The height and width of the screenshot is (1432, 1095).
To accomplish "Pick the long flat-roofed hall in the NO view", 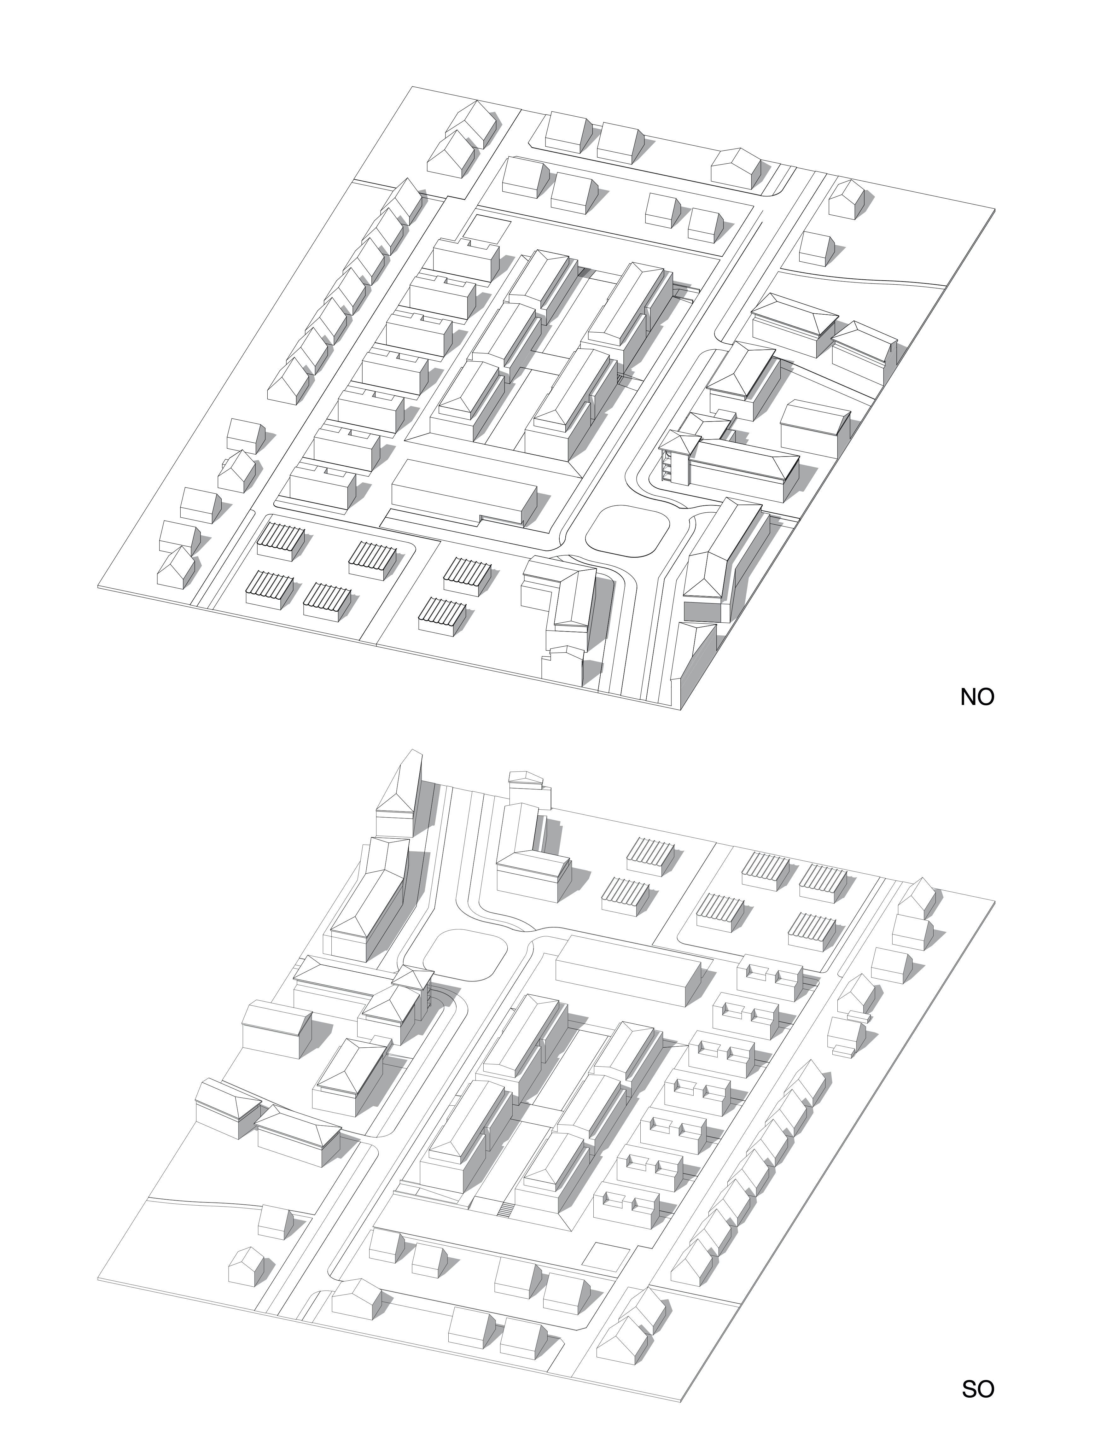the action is pos(463,490).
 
